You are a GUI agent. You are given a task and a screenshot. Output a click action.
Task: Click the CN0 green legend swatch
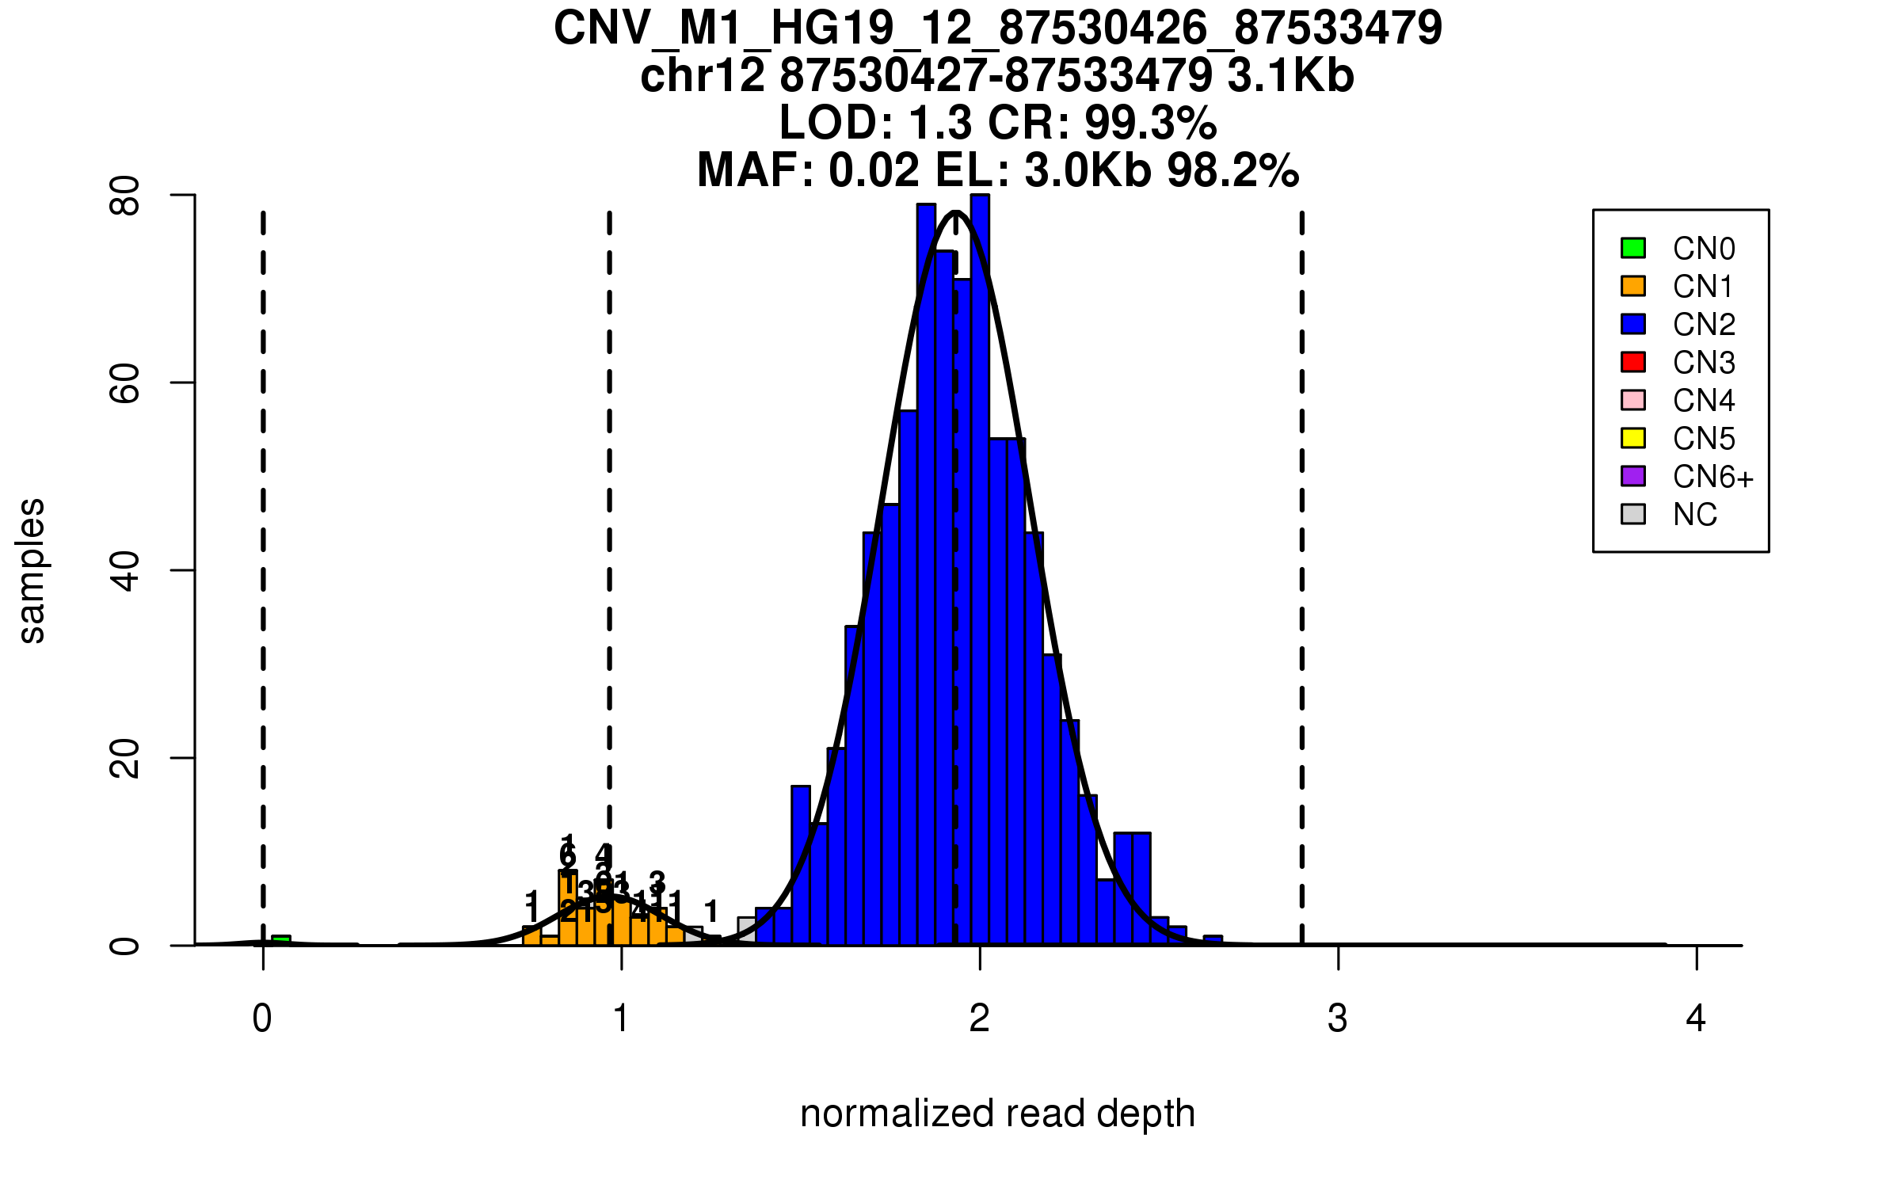coord(1633,248)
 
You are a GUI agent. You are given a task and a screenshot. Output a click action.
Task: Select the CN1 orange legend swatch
coord(1633,286)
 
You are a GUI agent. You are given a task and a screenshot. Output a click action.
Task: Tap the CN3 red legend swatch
coord(1633,362)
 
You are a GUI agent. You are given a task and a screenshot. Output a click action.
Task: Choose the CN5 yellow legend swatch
coord(1633,438)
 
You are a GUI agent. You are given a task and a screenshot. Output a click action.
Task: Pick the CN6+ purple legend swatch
coord(1633,476)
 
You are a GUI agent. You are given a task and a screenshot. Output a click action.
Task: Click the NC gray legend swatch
coord(1633,514)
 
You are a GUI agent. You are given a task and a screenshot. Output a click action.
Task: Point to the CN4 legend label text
coord(1703,401)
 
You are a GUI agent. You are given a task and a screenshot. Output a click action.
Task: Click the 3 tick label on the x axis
coord(1338,1019)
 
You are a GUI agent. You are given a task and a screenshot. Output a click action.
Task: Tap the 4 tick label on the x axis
coord(1696,1019)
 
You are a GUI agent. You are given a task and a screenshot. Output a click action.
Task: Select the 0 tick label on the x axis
coord(262,1019)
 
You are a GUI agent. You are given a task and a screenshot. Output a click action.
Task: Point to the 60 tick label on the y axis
coord(125,383)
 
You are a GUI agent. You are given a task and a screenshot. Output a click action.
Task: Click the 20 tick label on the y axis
coord(125,758)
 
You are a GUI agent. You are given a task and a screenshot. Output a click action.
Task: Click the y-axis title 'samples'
coord(32,570)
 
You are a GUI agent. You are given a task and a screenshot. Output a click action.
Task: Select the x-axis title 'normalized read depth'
coord(997,1114)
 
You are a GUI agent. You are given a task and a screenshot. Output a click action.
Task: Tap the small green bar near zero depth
coord(281,940)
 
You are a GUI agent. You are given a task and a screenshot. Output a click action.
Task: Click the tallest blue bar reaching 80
coord(980,554)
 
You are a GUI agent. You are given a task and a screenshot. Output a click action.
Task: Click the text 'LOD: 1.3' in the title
coord(875,123)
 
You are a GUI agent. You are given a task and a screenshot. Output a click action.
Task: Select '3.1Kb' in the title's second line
coord(1290,76)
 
